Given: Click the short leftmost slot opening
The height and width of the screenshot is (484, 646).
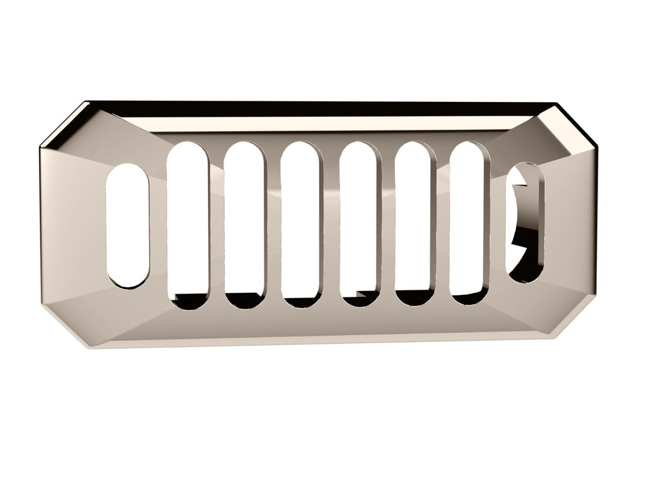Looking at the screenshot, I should pyautogui.click(x=127, y=225).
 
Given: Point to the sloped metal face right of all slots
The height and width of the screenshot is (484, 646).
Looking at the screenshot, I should pyautogui.click(x=568, y=226).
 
